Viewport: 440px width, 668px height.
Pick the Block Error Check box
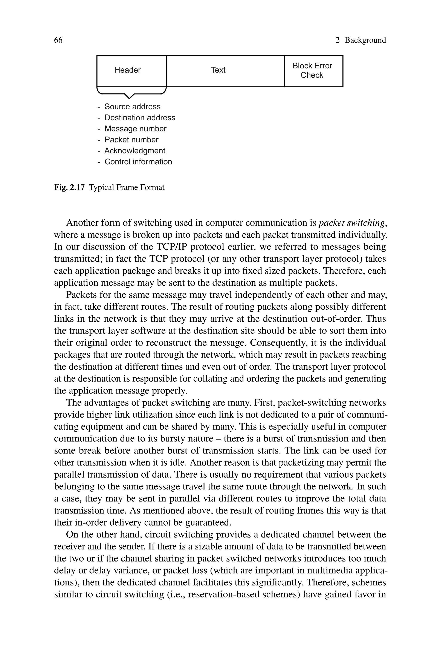(313, 71)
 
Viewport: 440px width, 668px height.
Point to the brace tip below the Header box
(129, 98)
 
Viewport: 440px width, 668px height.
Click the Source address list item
(132, 107)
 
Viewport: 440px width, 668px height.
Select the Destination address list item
(140, 118)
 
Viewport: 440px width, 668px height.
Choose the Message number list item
(135, 129)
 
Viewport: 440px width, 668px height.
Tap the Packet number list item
(131, 140)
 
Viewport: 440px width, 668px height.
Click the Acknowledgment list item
(135, 151)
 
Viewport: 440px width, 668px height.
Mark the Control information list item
(138, 162)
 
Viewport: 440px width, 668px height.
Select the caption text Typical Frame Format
(127, 187)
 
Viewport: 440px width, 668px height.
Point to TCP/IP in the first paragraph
(172, 247)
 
